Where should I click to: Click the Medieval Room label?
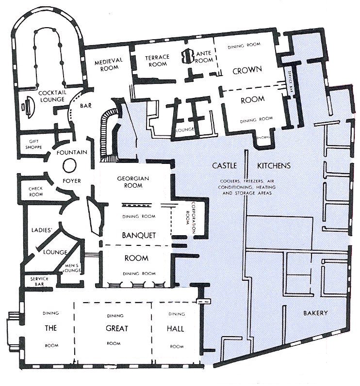[x=109, y=65]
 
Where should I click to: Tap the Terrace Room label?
[x=157, y=61]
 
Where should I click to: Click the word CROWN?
[x=247, y=70]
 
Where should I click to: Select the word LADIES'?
[x=41, y=230]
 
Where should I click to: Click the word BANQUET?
[x=138, y=236]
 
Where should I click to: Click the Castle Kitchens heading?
[x=251, y=166]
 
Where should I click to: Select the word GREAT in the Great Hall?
[x=117, y=328]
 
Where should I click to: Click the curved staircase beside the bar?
[x=105, y=133]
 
